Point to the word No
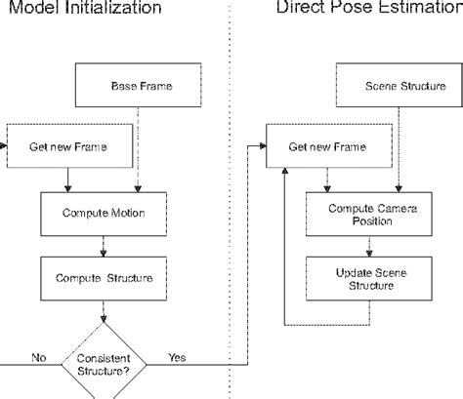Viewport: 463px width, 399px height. pyautogui.click(x=39, y=357)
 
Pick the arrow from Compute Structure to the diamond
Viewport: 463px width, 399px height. pyautogui.click(x=103, y=312)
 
